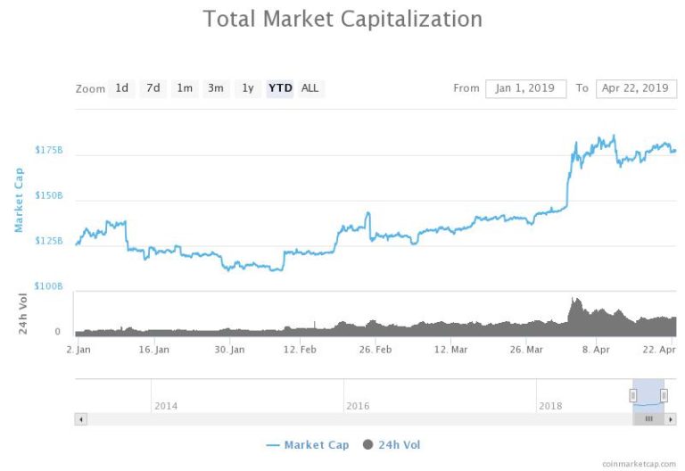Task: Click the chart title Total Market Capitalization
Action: click(x=342, y=19)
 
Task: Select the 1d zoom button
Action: click(x=122, y=88)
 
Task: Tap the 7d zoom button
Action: click(x=153, y=88)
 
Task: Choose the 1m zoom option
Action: click(x=185, y=88)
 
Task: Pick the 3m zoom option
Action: click(x=216, y=88)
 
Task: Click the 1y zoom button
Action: click(x=248, y=88)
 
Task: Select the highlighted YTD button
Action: click(x=280, y=88)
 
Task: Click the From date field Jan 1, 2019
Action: click(x=525, y=88)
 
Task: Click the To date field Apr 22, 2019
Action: click(x=636, y=88)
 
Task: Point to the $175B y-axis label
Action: click(x=49, y=150)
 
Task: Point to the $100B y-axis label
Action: click(x=49, y=285)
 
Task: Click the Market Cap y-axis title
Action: click(x=19, y=199)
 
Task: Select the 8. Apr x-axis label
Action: click(x=596, y=350)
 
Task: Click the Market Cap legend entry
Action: click(x=307, y=444)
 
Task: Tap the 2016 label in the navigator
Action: click(x=358, y=406)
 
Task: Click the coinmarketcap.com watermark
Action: click(x=639, y=464)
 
